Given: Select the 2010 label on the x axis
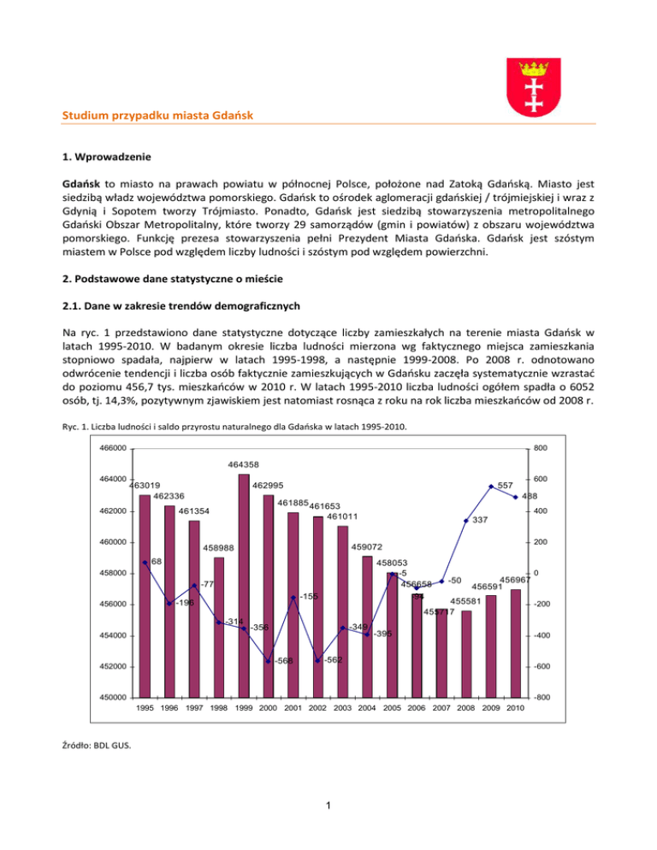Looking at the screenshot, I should point(516,708).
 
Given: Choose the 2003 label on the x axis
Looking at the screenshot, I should point(342,708).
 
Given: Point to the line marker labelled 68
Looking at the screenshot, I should point(146,563).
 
